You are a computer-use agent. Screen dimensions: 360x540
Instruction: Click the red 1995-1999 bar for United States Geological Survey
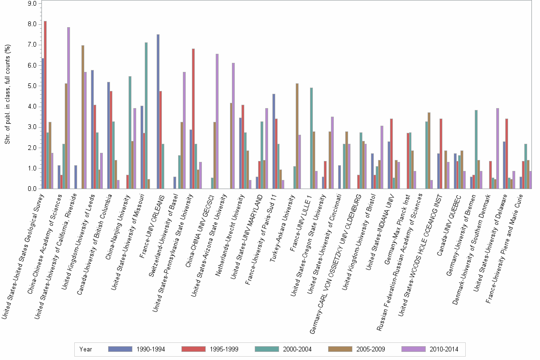45,105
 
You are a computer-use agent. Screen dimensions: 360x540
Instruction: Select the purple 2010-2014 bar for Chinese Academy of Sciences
69,108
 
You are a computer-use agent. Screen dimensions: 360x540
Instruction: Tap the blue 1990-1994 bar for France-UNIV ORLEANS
158,111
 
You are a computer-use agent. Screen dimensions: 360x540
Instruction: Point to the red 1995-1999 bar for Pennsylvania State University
193,119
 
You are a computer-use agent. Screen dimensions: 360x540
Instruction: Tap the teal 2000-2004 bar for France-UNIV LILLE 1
311,138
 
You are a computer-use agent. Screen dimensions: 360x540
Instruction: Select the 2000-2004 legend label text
297,349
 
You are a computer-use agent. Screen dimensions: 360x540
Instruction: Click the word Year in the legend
86,349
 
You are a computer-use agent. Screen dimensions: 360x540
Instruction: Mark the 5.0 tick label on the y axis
32,86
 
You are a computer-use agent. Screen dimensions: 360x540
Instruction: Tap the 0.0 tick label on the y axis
32,189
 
